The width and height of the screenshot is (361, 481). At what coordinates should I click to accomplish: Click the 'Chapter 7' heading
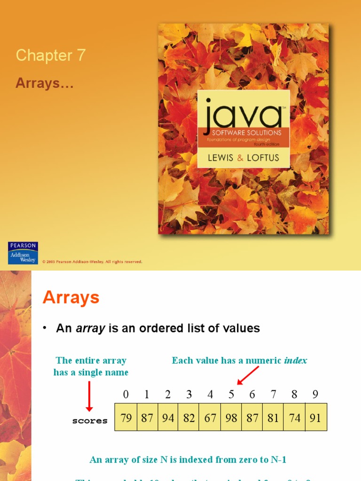click(x=51, y=55)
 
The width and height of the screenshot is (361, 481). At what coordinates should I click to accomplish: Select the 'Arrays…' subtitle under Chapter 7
click(x=45, y=83)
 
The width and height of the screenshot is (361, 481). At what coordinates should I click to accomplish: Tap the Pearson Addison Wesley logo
click(x=23, y=253)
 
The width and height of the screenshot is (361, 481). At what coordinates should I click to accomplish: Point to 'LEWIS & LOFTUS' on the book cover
click(x=243, y=158)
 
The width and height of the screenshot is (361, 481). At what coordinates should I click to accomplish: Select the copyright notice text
click(x=92, y=262)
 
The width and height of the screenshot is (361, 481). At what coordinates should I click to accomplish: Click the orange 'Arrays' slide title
click(x=71, y=298)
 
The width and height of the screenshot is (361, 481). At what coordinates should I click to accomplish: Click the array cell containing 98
click(x=231, y=418)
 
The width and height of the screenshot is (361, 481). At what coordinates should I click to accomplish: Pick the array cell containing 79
click(x=126, y=418)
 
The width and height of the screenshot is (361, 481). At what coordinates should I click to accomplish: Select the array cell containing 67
click(x=210, y=418)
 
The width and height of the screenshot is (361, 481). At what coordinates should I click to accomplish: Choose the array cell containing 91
click(x=315, y=418)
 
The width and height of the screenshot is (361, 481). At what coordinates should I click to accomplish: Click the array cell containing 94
click(x=168, y=418)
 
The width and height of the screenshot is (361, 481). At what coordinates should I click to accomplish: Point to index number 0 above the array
click(x=126, y=395)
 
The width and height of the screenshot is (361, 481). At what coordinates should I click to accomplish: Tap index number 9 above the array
click(x=315, y=395)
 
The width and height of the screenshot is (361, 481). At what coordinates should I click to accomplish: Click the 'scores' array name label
click(x=90, y=421)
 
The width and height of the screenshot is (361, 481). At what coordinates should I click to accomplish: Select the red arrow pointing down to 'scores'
click(x=89, y=396)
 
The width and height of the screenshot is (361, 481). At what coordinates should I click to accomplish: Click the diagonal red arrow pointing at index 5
click(x=248, y=374)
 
